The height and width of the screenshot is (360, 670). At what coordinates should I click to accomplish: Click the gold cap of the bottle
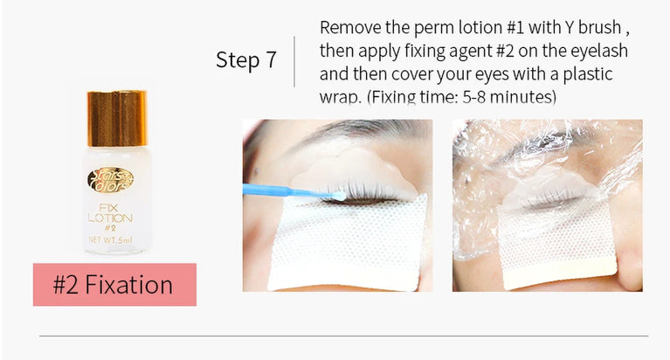coord(116,117)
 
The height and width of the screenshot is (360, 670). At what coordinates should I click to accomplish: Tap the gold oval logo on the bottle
coord(110,180)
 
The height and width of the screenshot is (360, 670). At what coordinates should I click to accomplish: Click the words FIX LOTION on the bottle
coord(110,210)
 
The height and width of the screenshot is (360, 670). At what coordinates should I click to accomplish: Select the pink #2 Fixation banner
coord(114,285)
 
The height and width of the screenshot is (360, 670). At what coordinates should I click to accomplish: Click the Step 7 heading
coord(245,60)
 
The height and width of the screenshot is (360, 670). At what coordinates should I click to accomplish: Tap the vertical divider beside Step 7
coord(294,60)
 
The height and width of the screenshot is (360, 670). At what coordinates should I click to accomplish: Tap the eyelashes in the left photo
coord(358,192)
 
